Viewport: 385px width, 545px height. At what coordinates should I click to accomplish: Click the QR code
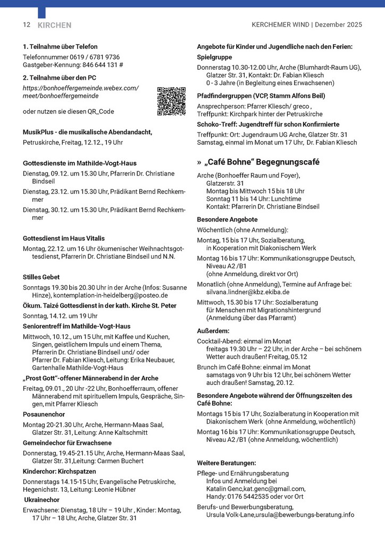(171, 101)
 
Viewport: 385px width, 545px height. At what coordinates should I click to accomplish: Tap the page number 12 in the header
(27, 25)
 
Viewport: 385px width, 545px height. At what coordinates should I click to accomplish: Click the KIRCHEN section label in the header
(54, 25)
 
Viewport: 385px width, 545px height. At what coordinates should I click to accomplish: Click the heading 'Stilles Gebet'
(41, 277)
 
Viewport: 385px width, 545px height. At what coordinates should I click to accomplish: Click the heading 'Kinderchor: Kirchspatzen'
(60, 472)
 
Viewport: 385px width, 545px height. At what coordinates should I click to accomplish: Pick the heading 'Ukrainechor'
(42, 500)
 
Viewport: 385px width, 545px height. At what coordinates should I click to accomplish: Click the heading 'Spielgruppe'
(214, 56)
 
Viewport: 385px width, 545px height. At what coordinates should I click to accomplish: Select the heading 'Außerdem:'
(214, 331)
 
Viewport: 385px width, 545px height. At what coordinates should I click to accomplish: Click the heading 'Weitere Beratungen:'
(227, 463)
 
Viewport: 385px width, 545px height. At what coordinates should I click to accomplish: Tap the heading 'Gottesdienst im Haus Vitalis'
(64, 238)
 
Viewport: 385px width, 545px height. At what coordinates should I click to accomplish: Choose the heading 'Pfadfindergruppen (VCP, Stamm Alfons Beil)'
(261, 96)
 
